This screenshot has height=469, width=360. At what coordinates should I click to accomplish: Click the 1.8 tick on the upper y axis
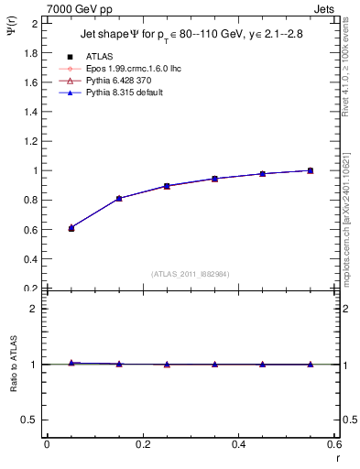(33, 52)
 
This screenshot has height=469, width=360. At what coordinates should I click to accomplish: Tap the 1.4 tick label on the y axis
(33, 112)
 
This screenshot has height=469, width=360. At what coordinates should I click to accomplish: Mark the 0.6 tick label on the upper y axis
(33, 229)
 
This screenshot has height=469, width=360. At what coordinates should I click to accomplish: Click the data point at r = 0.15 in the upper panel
(119, 199)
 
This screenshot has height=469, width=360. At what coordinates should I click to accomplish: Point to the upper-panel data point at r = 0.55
(311, 170)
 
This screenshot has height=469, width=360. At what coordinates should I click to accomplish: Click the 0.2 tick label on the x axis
(142, 445)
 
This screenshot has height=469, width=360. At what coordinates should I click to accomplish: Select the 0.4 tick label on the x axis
(238, 445)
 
